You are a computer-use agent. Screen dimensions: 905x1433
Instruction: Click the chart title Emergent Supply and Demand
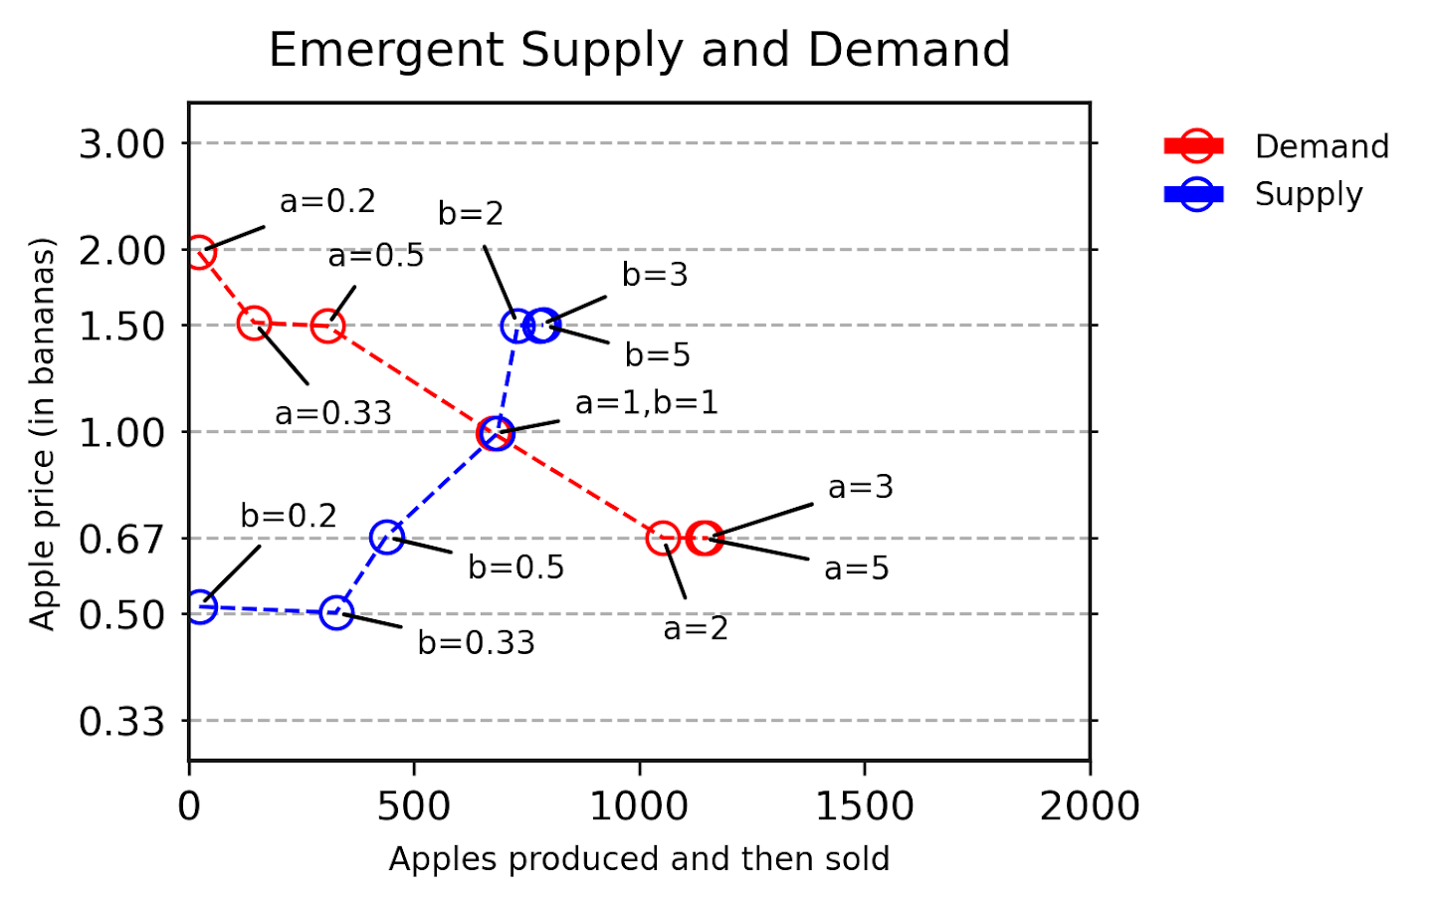pyautogui.click(x=639, y=50)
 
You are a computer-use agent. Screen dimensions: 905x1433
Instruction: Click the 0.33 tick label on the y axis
pyautogui.click(x=121, y=721)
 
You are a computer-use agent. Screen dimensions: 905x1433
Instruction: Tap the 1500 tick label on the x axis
pyautogui.click(x=864, y=805)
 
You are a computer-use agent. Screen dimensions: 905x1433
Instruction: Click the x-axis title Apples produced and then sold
pyautogui.click(x=639, y=858)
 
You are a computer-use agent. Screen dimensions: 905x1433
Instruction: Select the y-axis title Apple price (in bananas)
pyautogui.click(x=42, y=433)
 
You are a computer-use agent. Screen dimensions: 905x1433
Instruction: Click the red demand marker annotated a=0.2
pyautogui.click(x=199, y=252)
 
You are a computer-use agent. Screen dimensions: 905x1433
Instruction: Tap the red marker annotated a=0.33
pyautogui.click(x=255, y=323)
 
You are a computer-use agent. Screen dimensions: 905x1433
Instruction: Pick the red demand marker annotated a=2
pyautogui.click(x=663, y=538)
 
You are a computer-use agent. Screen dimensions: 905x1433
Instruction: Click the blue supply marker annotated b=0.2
pyautogui.click(x=201, y=606)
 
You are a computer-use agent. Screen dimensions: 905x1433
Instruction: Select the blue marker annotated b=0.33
pyautogui.click(x=337, y=612)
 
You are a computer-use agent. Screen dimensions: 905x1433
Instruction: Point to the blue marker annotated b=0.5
pyautogui.click(x=387, y=538)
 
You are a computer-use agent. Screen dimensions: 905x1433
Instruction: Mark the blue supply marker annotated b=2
pyautogui.click(x=516, y=325)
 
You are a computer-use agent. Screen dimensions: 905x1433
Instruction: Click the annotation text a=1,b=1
pyautogui.click(x=646, y=402)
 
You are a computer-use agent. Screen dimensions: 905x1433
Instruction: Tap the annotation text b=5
pyautogui.click(x=657, y=354)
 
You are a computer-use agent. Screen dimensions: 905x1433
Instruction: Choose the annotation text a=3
pyautogui.click(x=860, y=487)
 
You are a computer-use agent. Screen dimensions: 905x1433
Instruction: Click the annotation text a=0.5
pyautogui.click(x=376, y=256)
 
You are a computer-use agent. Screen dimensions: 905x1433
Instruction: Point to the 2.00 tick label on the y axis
pyautogui.click(x=121, y=251)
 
